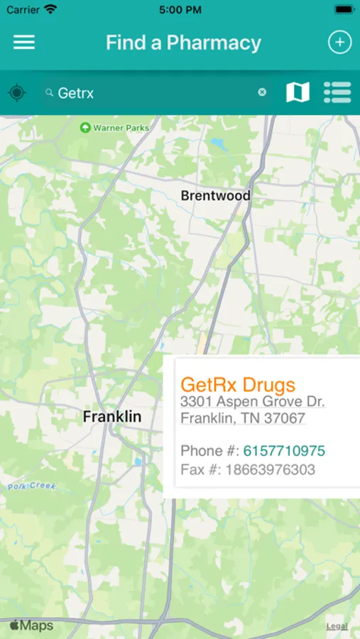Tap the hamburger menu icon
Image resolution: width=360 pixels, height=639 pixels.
click(x=24, y=43)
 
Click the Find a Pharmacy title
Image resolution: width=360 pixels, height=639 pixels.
click(x=183, y=43)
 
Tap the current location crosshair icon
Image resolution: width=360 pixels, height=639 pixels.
click(x=17, y=92)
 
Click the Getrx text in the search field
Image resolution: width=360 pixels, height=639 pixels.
click(x=75, y=93)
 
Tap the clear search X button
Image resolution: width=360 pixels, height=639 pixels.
click(x=262, y=92)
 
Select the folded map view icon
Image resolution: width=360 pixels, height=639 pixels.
click(x=298, y=92)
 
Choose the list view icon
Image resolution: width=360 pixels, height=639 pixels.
click(x=337, y=92)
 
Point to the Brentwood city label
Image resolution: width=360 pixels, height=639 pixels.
click(x=215, y=195)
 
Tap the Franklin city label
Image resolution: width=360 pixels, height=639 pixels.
click(x=112, y=417)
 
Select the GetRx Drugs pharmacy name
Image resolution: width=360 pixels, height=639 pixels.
click(x=237, y=385)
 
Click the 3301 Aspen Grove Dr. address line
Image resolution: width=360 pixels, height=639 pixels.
click(x=252, y=402)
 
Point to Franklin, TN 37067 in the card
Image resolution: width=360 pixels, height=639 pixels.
click(x=243, y=419)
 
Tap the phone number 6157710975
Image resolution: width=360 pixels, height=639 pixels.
click(x=284, y=451)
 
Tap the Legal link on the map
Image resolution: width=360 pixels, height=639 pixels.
click(x=337, y=626)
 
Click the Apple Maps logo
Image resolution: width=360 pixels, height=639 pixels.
click(x=31, y=626)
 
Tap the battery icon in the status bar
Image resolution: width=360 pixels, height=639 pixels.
click(x=344, y=10)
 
